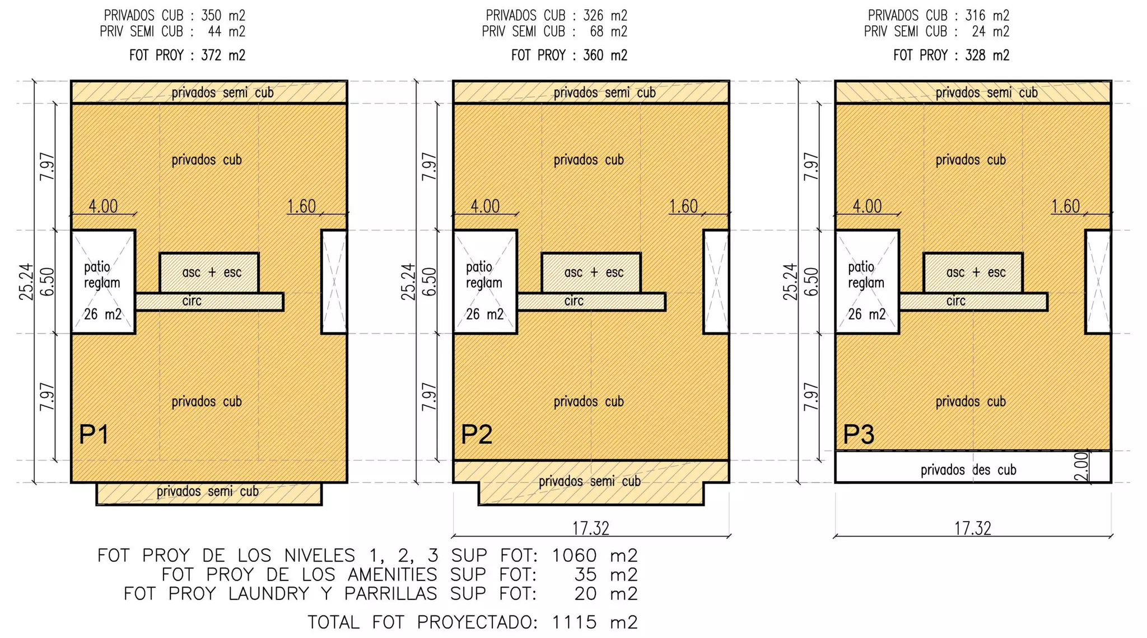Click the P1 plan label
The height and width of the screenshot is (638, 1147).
[x=94, y=434]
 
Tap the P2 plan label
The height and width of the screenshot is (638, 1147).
[x=476, y=434]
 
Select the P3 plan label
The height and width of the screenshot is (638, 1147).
[x=859, y=434]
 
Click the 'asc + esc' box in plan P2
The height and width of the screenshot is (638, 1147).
[x=591, y=273]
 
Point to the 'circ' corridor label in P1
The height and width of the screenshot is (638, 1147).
[x=192, y=301]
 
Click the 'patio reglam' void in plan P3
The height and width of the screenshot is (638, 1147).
[x=866, y=282]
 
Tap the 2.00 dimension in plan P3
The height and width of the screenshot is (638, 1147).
[x=1083, y=466]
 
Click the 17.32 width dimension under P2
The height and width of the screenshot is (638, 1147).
[x=590, y=528]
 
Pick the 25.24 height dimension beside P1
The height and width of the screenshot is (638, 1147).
[x=26, y=282]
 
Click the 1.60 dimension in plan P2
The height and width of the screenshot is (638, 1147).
[x=683, y=207]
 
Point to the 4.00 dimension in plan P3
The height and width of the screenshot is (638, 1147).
[x=867, y=207]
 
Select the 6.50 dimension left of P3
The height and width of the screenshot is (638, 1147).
[x=811, y=282]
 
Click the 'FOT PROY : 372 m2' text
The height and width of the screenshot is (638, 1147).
[x=187, y=55]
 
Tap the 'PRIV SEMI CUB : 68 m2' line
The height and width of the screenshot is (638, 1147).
[x=554, y=32]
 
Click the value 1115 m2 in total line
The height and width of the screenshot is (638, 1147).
[x=594, y=622]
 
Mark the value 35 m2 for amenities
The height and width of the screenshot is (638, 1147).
[x=605, y=575]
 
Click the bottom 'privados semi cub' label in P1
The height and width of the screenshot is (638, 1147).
[x=207, y=491]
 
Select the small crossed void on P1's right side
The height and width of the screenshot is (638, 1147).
[x=334, y=282]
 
